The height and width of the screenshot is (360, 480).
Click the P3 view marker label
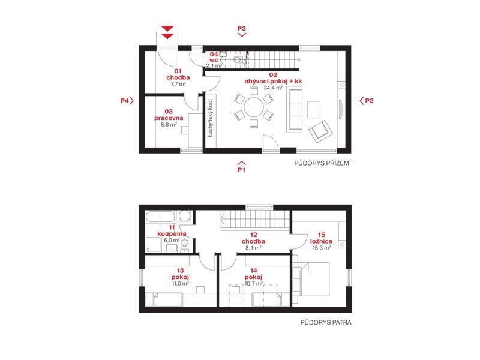pos(242,28)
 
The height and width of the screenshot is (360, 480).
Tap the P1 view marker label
pos(242,170)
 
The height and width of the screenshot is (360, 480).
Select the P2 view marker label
pos(369,101)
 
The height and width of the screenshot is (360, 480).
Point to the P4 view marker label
pos(124,101)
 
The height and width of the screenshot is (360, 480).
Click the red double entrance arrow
pos(167,32)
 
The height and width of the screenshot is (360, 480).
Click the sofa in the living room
pos(295,110)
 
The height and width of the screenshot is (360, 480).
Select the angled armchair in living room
pos(320,131)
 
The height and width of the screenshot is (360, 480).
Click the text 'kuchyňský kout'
pos(211,118)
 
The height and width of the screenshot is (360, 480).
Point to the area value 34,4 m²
pos(273,88)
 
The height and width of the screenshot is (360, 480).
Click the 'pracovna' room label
pos(169,118)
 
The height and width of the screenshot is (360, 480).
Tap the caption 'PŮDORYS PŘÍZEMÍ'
pos(322,163)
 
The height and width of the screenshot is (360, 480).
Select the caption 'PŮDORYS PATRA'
pos(326,322)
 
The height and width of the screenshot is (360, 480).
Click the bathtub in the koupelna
pos(160,217)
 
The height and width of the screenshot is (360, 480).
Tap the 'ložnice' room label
pos(321,241)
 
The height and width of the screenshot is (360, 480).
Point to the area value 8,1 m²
pos(253,248)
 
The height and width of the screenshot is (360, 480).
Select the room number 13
pos(181,271)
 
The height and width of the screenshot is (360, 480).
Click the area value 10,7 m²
pos(253,284)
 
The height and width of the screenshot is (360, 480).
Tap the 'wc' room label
pos(214,60)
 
